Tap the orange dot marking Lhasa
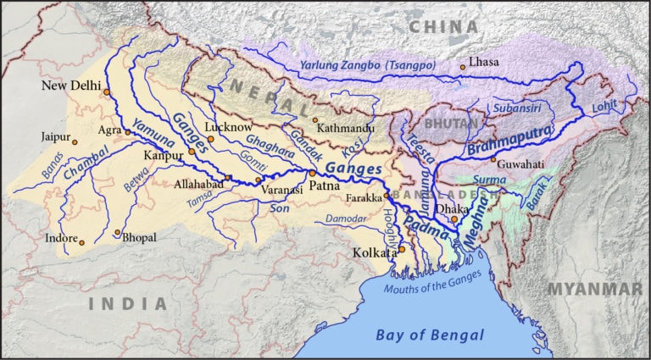463,67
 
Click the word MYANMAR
594,290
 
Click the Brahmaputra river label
509,141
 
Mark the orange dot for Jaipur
75,142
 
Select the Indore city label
61,238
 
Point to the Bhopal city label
139,238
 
